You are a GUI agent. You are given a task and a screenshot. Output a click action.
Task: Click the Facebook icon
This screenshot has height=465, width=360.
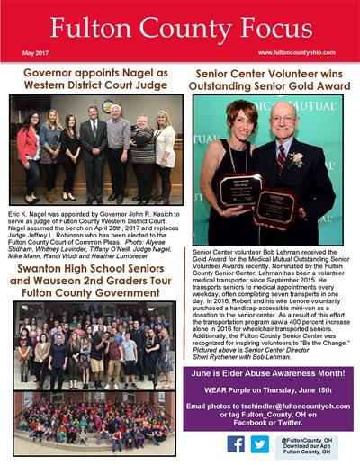pyautogui.click(x=236, y=443)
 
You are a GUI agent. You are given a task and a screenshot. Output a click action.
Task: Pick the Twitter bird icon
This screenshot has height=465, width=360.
pyautogui.click(x=259, y=443)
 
